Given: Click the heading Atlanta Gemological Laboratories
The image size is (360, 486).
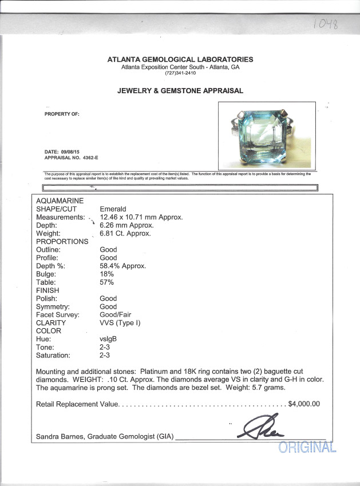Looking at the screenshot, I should (180, 59).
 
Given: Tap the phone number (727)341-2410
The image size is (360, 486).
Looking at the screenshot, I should (180, 73).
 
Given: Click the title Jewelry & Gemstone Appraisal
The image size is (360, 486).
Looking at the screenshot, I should (180, 90).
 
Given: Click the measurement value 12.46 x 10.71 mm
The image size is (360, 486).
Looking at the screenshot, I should (141, 217).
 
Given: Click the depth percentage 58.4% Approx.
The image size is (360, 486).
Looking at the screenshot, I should (122, 266).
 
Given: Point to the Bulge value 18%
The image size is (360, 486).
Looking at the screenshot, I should (107, 274).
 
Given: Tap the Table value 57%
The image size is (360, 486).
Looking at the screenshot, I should (107, 282).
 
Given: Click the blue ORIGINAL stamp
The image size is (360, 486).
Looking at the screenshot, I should (307, 447).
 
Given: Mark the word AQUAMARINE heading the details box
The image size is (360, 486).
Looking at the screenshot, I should (60, 201).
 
